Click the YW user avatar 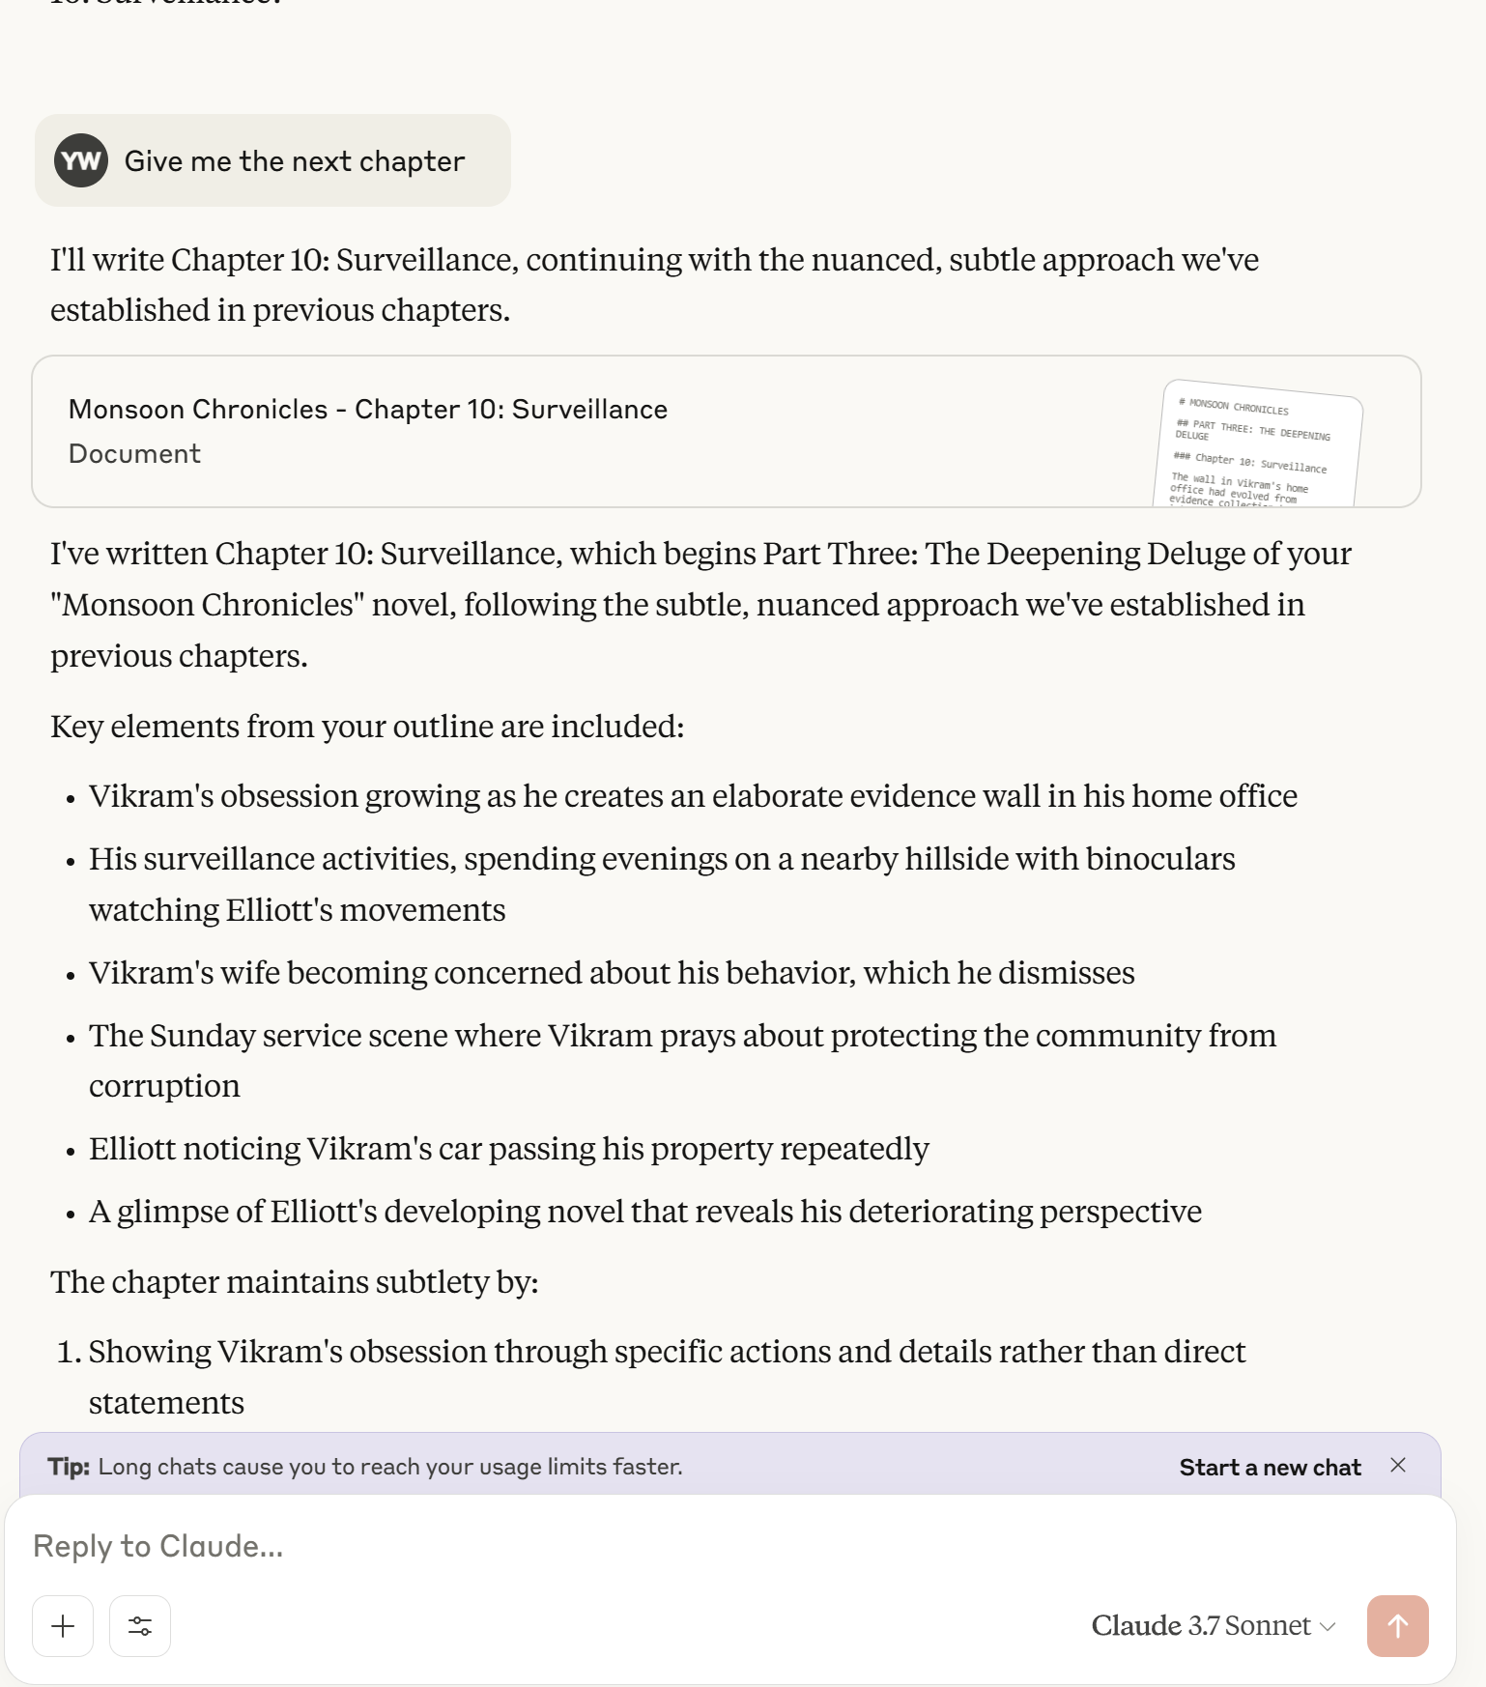pos(81,160)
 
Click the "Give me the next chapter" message pos(295,161)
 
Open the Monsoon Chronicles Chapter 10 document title pos(368,410)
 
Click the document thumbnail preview pos(1257,444)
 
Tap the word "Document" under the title pos(134,454)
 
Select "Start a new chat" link pos(1270,1468)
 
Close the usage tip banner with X pos(1398,1466)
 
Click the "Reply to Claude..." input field pos(580,1546)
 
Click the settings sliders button pos(140,1626)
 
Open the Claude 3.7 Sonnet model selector pos(1213,1626)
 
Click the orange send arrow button pos(1397,1626)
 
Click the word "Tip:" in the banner pos(69,1467)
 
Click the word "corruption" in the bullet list pos(164,1086)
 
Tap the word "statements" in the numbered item pos(166,1403)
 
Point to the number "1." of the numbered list pos(69,1352)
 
